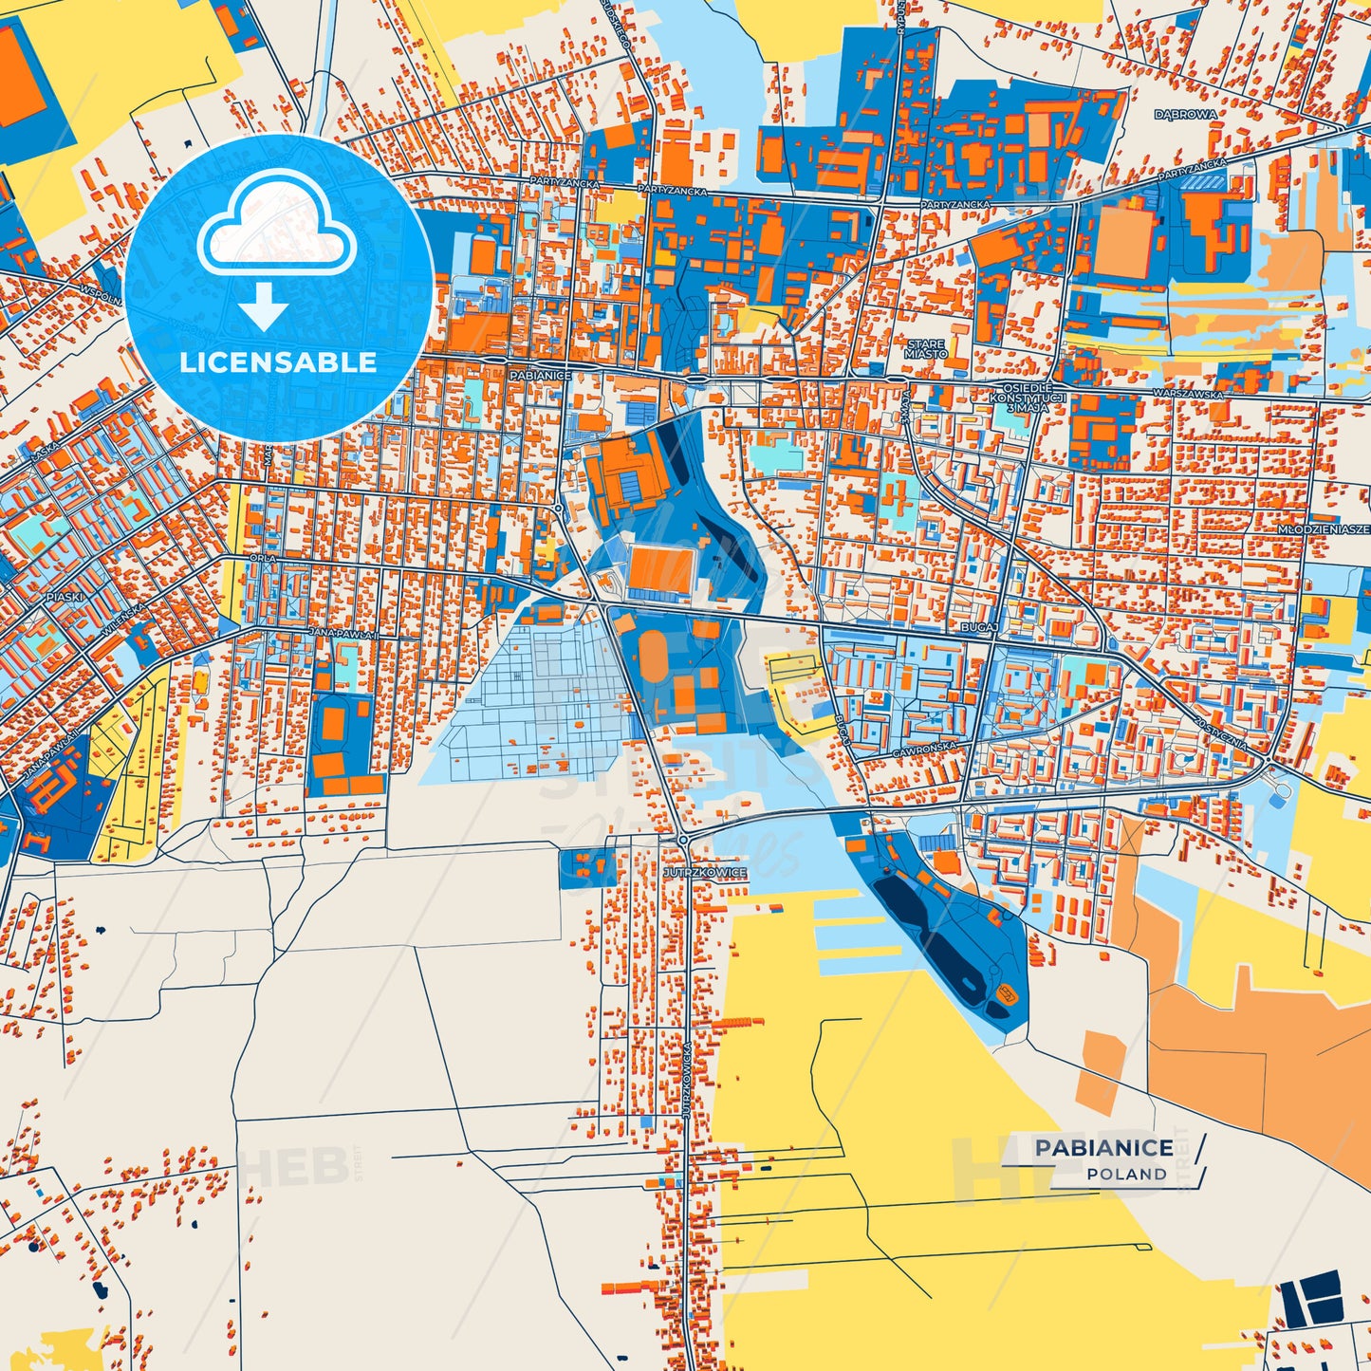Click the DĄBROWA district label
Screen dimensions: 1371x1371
pyautogui.click(x=1185, y=114)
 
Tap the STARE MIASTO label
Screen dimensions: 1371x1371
pyautogui.click(x=925, y=349)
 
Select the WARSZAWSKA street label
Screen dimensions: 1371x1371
pyautogui.click(x=1185, y=393)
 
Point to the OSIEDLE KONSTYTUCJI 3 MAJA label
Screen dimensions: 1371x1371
pyautogui.click(x=1033, y=398)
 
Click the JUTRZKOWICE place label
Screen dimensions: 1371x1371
pyautogui.click(x=706, y=872)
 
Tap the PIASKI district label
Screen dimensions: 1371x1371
pyautogui.click(x=65, y=598)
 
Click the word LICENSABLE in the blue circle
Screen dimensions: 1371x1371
pyautogui.click(x=278, y=362)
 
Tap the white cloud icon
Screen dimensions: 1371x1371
pyautogui.click(x=276, y=226)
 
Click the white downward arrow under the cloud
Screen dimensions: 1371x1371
pyautogui.click(x=263, y=308)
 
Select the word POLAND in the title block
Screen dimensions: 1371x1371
pyautogui.click(x=1126, y=1175)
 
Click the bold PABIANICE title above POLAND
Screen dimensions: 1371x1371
pyautogui.click(x=1103, y=1148)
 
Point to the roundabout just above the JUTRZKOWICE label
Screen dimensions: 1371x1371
pyautogui.click(x=683, y=840)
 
